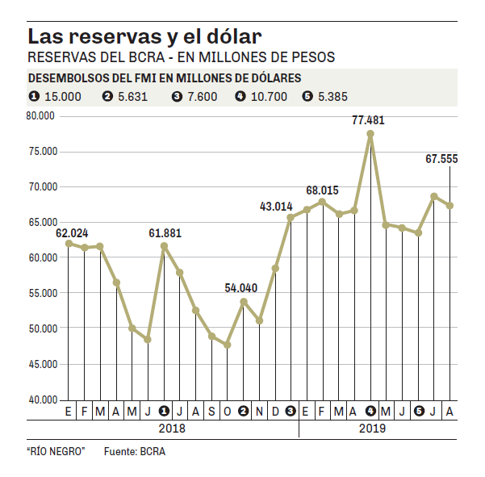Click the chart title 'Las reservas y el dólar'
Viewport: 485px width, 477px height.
[144, 37]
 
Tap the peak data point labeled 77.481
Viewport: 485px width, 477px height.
[370, 134]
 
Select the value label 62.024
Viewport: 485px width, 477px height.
[72, 233]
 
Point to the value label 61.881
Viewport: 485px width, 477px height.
[165, 233]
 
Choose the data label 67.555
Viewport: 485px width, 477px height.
[441, 159]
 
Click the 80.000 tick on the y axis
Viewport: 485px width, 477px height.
[40, 115]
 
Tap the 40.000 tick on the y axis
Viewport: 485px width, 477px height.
[40, 400]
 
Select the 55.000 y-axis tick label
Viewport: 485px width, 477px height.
[40, 293]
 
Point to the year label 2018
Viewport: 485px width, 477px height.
[171, 429]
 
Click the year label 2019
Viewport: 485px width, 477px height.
[373, 429]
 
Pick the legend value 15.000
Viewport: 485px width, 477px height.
[63, 97]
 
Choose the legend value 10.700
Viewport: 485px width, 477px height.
[269, 97]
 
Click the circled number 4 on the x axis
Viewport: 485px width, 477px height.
[370, 412]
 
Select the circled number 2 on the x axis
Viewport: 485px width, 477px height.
[243, 412]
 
